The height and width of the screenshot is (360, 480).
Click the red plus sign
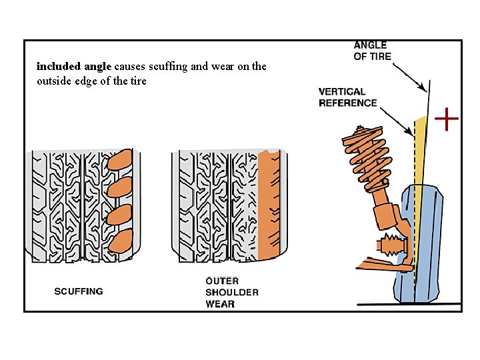tap(447, 120)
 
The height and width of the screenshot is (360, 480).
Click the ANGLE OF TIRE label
tap(372, 51)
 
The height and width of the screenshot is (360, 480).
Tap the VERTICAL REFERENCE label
tap(347, 97)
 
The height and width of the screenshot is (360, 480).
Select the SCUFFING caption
tap(79, 291)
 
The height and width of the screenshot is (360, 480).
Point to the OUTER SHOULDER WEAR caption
tap(231, 293)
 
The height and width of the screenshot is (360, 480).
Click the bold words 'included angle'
tap(74, 67)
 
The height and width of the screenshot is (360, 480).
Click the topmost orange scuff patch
tap(121, 161)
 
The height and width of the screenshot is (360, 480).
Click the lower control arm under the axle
tap(377, 266)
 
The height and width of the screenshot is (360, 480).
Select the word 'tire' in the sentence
tap(139, 81)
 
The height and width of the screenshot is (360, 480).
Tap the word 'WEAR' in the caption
tap(220, 304)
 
